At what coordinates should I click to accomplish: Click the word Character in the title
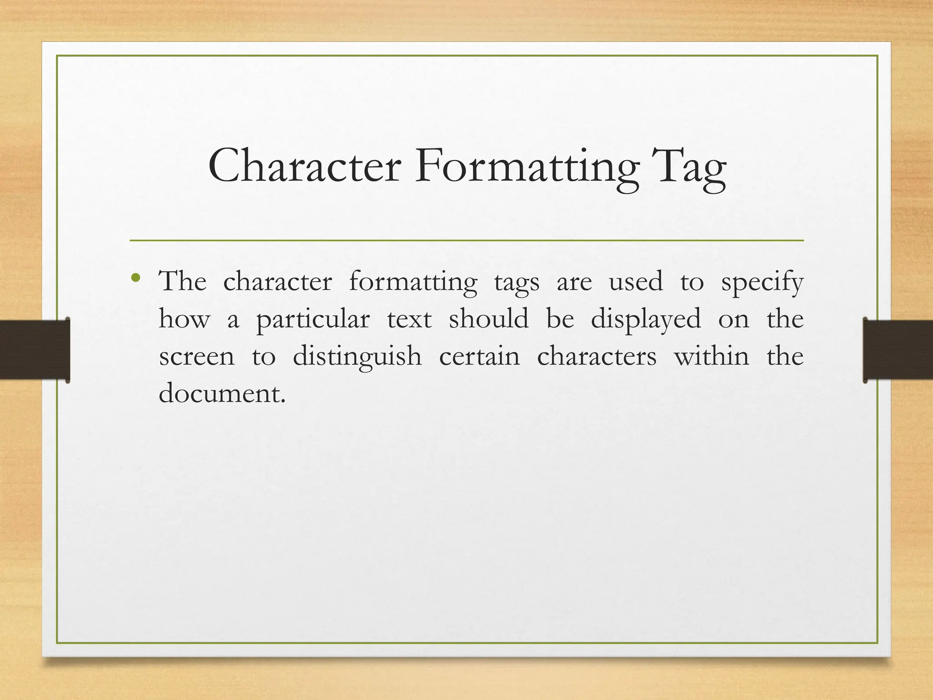[x=304, y=167]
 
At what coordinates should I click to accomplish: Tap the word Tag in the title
[x=688, y=169]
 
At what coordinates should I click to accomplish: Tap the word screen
[x=196, y=357]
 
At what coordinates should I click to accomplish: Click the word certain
[x=479, y=356]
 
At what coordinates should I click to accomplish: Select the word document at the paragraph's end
[x=222, y=393]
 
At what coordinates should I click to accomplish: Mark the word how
[x=184, y=319]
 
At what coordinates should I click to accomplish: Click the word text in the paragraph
[x=409, y=319]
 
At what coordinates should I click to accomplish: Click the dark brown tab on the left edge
[x=35, y=350]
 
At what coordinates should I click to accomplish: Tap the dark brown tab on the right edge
[x=898, y=350]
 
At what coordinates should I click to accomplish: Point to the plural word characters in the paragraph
[x=597, y=356]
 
